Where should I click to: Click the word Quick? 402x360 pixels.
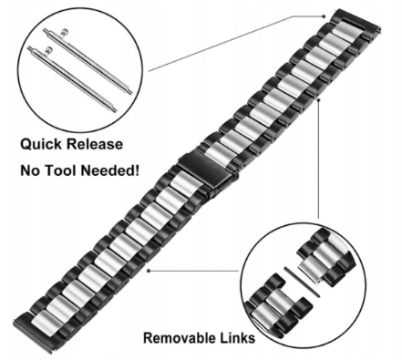tap(42, 144)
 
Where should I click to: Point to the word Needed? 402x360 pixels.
tap(110, 170)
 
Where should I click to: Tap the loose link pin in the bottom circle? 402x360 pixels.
tap(302, 282)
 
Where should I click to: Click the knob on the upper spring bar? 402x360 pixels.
tap(64, 32)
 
